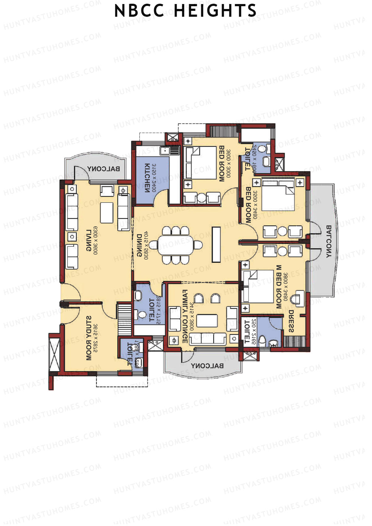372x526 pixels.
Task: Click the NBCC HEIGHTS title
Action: coord(185,11)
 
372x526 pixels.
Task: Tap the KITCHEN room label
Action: coord(147,178)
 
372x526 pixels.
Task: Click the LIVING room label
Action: coord(88,241)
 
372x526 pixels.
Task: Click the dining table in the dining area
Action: coord(175,245)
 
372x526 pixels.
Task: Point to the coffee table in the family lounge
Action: coord(207,320)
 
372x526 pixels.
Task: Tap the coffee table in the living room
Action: coord(107,212)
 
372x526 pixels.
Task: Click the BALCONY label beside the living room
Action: coord(104,169)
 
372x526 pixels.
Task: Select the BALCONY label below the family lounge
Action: coord(207,366)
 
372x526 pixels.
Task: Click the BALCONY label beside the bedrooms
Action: coord(329,242)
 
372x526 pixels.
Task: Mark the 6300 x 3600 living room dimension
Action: coord(95,241)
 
